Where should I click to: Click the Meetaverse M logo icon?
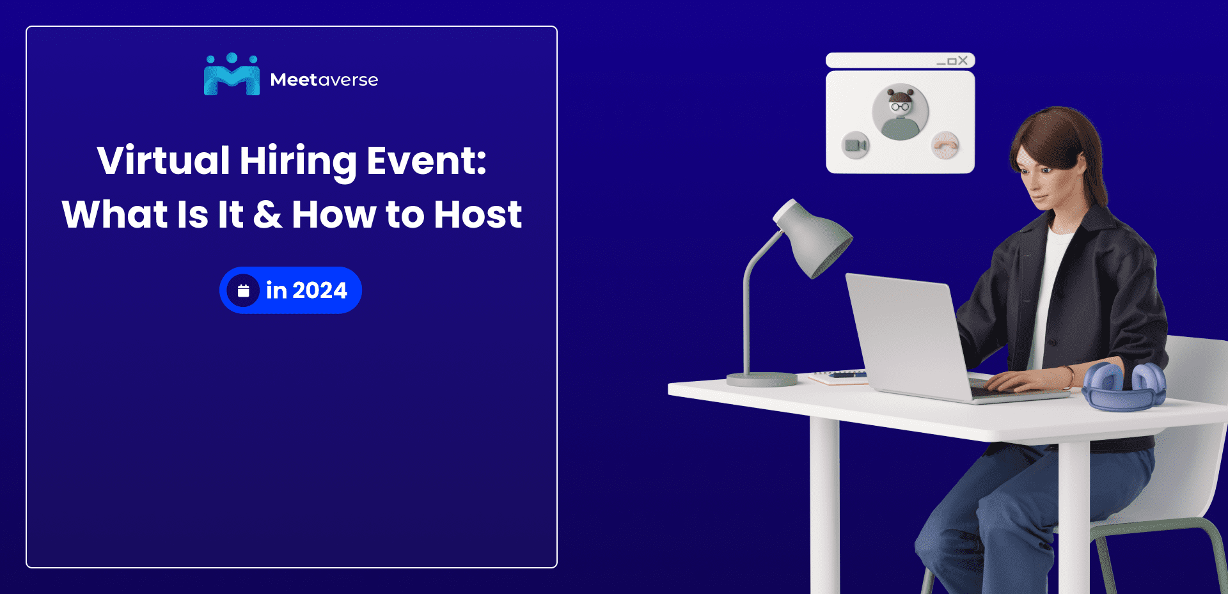[x=232, y=75]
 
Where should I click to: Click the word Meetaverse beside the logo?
[x=324, y=80]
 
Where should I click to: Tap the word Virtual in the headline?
[x=163, y=160]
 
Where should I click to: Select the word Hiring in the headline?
[x=297, y=162]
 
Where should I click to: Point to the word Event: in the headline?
[x=426, y=160]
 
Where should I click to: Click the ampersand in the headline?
[x=267, y=214]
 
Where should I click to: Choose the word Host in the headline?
[x=478, y=214]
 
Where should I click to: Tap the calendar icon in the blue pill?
[x=243, y=291]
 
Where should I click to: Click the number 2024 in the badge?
[x=319, y=291]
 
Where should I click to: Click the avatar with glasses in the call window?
[x=900, y=113]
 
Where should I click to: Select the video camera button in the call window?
[x=855, y=145]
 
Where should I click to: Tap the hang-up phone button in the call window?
[x=945, y=145]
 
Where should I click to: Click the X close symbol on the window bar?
[x=963, y=61]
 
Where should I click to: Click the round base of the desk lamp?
[x=762, y=379]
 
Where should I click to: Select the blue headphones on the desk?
[x=1124, y=387]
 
